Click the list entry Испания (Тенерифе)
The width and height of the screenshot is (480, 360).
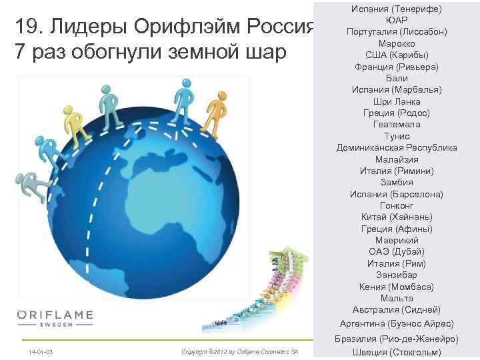[397, 8]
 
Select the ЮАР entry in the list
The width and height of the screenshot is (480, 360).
[397, 20]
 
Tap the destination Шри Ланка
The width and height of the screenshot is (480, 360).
[397, 101]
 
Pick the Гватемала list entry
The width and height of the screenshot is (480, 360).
[397, 124]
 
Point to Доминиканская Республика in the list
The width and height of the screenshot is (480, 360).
[397, 147]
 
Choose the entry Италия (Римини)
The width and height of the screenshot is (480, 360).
[397, 171]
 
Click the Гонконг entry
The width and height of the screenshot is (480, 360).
[397, 205]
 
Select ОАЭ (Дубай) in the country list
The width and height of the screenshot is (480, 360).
[397, 251]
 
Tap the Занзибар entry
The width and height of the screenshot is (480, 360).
[397, 275]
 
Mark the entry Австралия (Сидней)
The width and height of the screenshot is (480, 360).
[397, 309]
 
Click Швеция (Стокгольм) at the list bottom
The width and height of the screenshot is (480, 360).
[397, 352]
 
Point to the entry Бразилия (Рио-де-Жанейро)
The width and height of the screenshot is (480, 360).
[397, 339]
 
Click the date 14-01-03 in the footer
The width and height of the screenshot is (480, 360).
[41, 351]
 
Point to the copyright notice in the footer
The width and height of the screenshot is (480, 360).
[239, 351]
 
